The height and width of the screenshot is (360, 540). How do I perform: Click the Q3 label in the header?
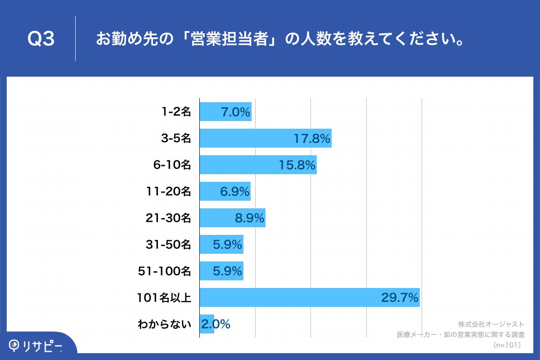pyautogui.click(x=41, y=39)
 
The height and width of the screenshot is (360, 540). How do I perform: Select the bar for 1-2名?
pyautogui.click(x=225, y=112)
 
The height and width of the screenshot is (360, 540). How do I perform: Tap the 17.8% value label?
pyautogui.click(x=312, y=138)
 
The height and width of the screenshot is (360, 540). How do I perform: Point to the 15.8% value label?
pyautogui.click(x=297, y=165)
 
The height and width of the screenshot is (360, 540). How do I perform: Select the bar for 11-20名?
pyautogui.click(x=225, y=191)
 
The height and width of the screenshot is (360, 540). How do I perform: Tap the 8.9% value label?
pyautogui.click(x=249, y=218)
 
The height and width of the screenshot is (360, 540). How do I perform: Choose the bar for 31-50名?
pyautogui.click(x=221, y=244)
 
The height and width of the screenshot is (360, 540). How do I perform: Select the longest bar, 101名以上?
pyautogui.click(x=309, y=297)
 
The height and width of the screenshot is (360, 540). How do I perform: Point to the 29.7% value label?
pyautogui.click(x=400, y=297)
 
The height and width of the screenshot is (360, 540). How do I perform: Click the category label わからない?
pyautogui.click(x=164, y=324)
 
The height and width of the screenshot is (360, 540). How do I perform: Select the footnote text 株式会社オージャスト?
pyautogui.click(x=491, y=324)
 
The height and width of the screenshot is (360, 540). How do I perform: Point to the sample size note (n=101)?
pyautogui.click(x=507, y=345)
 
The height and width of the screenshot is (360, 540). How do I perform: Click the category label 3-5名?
pyautogui.click(x=176, y=138)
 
